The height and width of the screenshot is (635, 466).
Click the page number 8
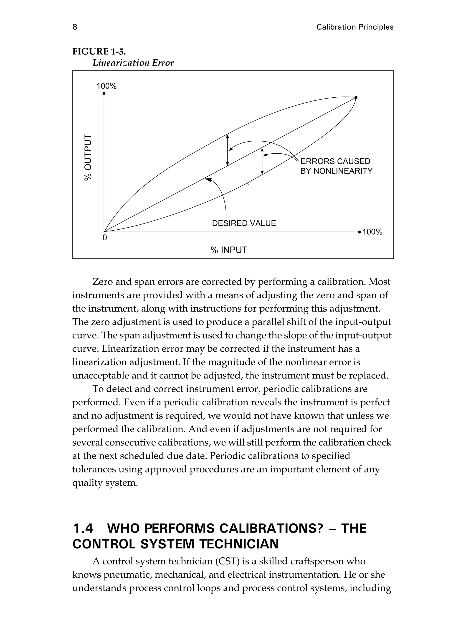tap(75, 27)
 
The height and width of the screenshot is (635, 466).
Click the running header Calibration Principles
tap(355, 27)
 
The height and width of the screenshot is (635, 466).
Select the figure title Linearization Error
tap(133, 63)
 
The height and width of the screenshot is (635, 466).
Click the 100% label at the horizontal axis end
tap(372, 232)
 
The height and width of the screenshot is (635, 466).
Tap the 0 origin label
tap(105, 238)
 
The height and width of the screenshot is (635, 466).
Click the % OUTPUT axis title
tap(88, 157)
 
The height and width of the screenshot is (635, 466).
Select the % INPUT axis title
tap(229, 250)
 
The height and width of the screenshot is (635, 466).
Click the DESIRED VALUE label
tap(244, 224)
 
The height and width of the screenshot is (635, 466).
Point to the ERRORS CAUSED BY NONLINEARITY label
tap(336, 166)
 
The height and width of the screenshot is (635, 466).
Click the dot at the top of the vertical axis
tap(104, 93)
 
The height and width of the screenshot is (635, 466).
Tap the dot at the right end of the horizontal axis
tap(359, 232)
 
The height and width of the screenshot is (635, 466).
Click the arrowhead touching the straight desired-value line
tap(208, 179)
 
